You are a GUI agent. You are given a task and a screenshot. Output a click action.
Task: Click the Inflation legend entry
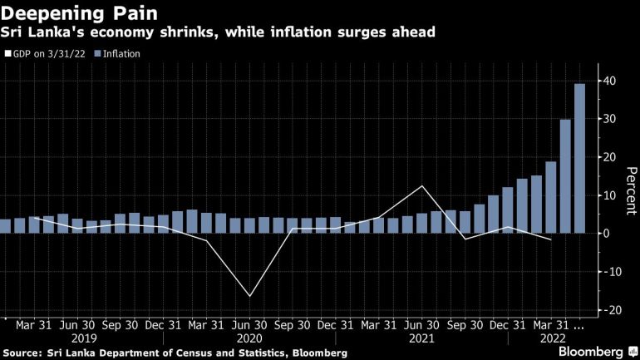117,54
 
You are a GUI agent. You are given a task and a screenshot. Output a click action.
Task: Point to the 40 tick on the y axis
611,81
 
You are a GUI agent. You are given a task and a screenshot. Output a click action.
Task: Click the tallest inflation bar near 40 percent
579,158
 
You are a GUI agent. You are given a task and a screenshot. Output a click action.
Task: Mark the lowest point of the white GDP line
249,296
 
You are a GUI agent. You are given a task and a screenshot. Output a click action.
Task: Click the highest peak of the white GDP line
423,185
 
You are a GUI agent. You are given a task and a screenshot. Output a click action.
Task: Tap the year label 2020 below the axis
249,339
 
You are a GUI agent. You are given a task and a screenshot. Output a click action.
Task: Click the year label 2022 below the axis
554,339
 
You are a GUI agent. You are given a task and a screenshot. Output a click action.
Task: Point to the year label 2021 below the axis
422,339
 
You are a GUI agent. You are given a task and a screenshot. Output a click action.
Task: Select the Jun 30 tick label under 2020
249,326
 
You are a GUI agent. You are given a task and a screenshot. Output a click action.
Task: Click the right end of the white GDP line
551,239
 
